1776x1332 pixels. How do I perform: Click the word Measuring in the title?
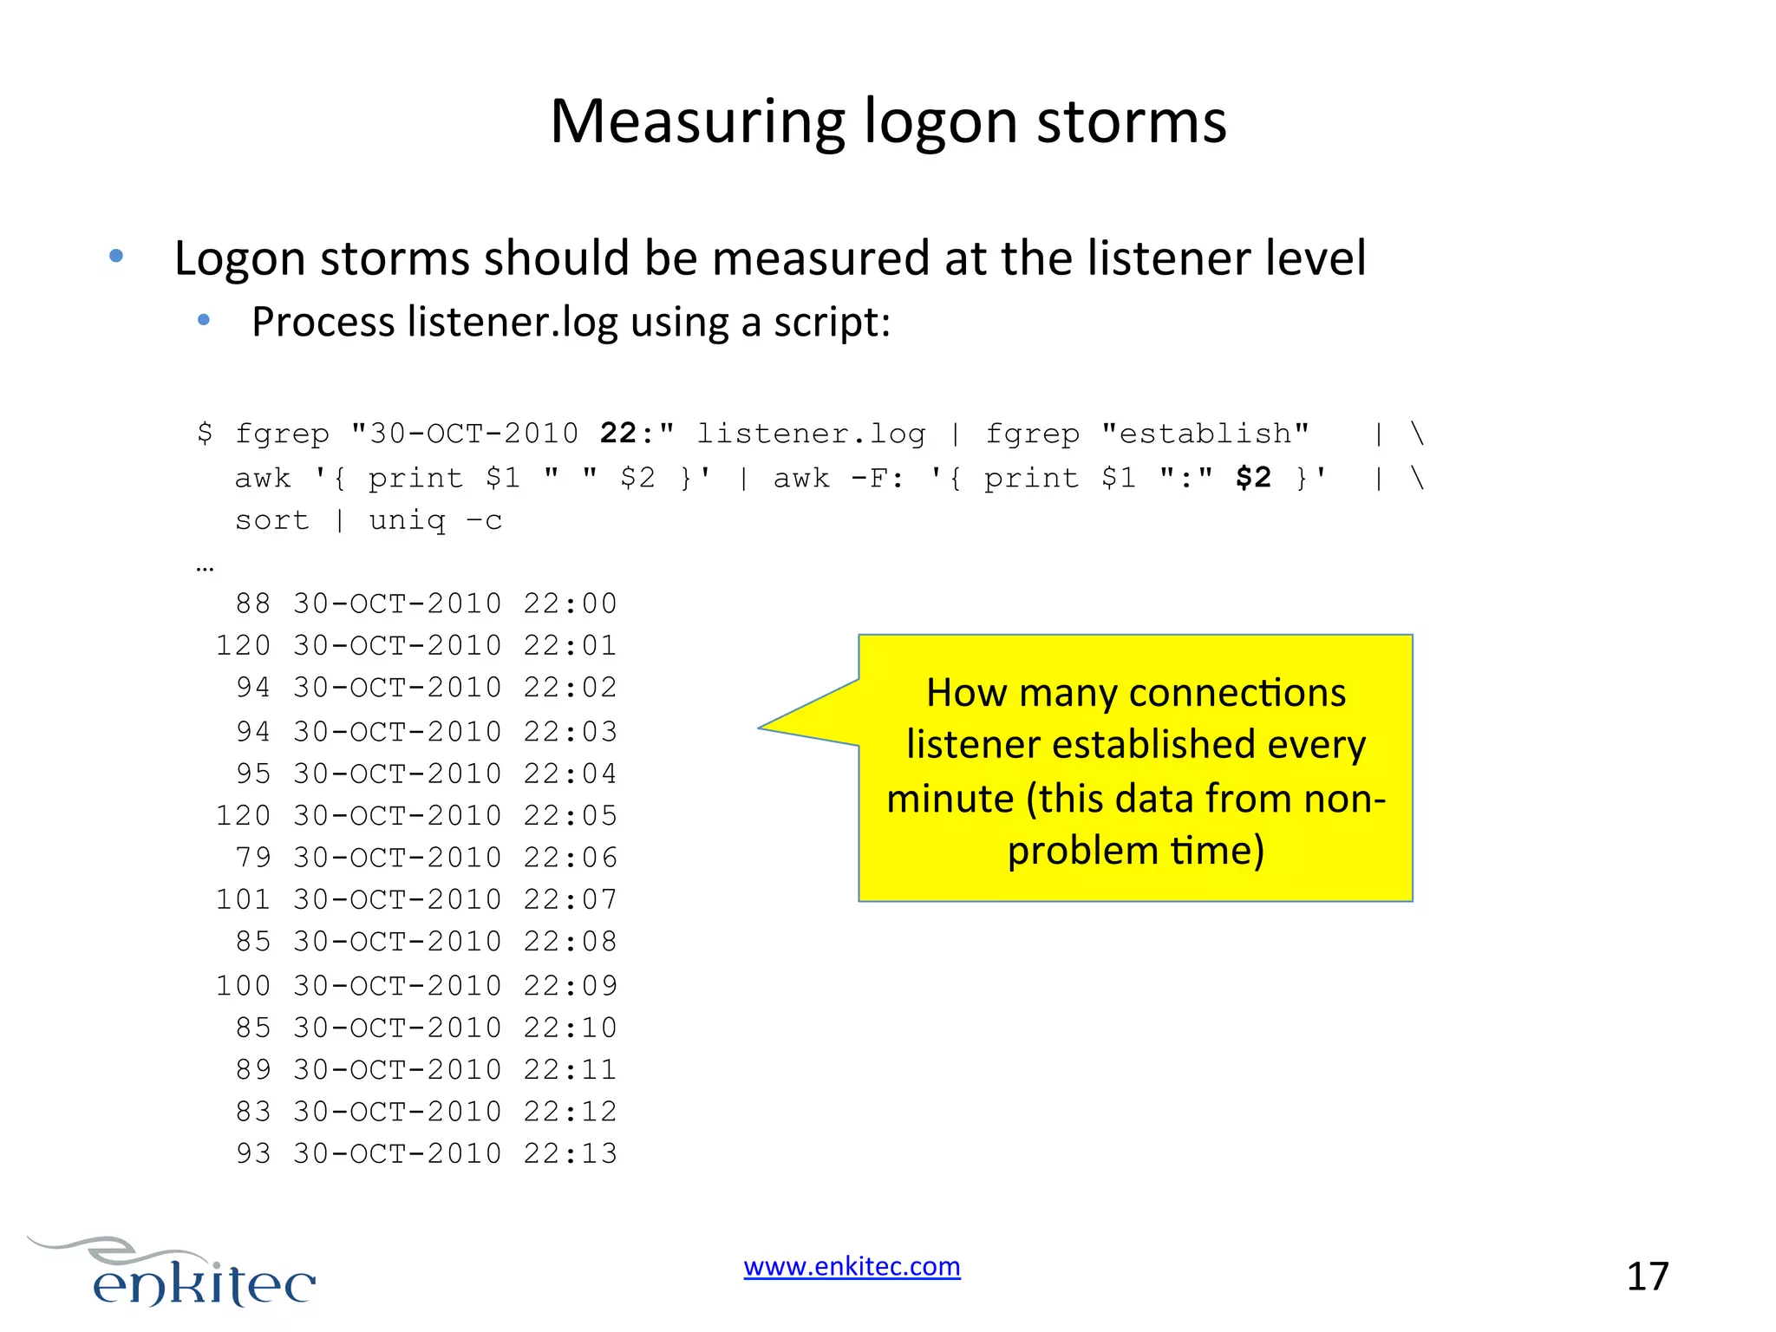tap(697, 122)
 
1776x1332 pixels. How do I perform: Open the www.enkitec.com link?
tap(852, 1266)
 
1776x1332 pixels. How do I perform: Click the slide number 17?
tap(1647, 1276)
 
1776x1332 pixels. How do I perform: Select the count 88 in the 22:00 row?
tap(253, 604)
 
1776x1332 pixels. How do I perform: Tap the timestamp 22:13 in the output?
tap(570, 1153)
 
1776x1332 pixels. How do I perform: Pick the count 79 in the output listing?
tap(253, 858)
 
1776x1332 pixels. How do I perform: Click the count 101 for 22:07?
tap(243, 899)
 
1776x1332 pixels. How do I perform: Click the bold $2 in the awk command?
tap(1253, 477)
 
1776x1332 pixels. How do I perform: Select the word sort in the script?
tap(271, 520)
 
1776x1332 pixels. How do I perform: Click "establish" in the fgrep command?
tap(1205, 433)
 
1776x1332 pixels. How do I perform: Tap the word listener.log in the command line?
tap(811, 433)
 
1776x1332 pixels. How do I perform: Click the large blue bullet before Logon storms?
tap(116, 257)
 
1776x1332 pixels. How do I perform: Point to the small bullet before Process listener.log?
tap(204, 321)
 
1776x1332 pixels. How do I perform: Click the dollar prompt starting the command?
tap(205, 433)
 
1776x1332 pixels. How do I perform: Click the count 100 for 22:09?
tap(243, 986)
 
